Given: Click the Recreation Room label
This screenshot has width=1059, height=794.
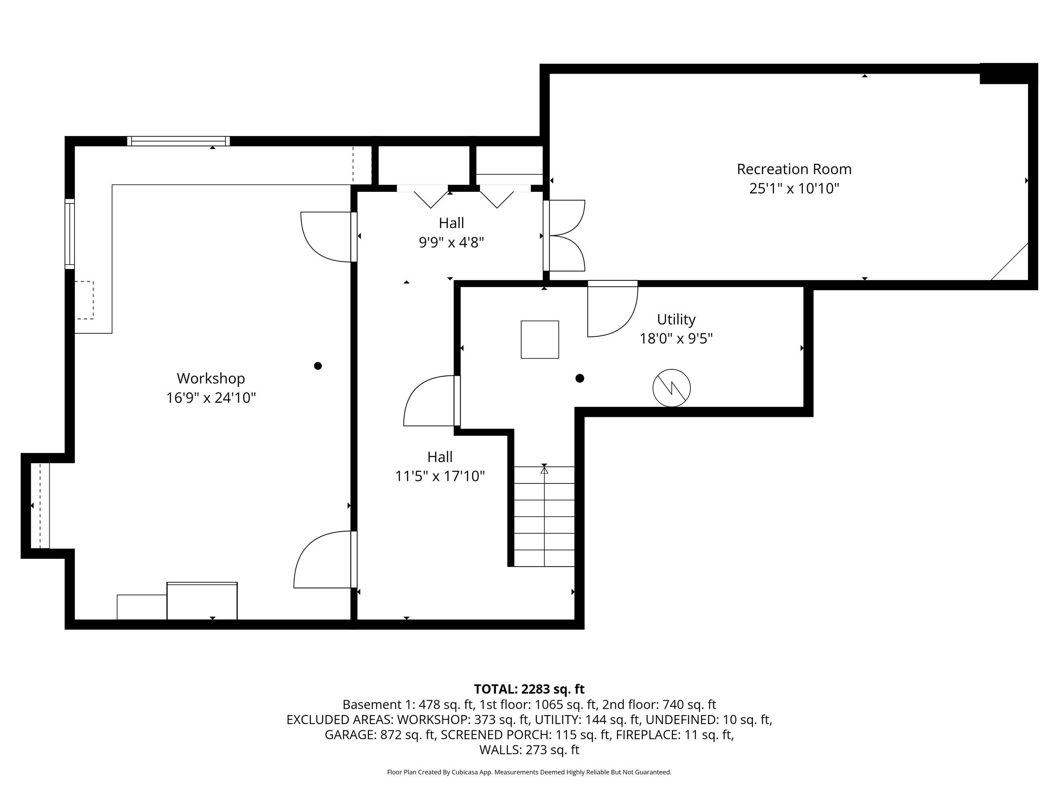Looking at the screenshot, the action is click(794, 169).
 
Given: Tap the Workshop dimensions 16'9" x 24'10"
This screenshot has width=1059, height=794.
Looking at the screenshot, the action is click(211, 398).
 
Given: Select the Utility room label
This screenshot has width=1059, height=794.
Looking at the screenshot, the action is click(676, 319).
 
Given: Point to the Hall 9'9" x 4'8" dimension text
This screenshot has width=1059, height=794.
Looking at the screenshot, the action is click(451, 243).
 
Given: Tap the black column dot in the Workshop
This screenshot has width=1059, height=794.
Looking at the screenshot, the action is click(317, 366).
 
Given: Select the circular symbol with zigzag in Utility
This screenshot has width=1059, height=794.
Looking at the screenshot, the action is click(671, 387).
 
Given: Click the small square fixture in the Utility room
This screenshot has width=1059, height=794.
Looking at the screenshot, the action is click(539, 340).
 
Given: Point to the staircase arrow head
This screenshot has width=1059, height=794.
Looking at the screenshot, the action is click(544, 471).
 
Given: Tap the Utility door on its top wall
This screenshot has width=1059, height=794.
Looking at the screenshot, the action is click(612, 309).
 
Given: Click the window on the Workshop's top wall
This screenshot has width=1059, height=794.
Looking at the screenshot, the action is click(178, 141).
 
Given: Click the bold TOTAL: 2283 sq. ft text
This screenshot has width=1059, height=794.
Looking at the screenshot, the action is click(529, 689).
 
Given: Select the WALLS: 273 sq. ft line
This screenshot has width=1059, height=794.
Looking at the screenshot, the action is click(529, 750).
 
